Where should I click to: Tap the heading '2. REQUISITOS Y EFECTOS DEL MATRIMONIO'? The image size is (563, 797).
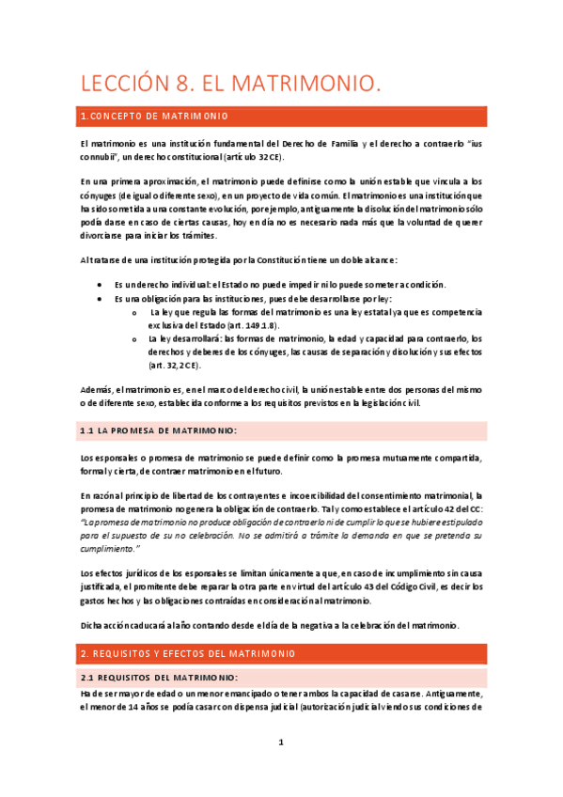[x=189, y=652]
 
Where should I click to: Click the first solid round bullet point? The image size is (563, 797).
[x=101, y=284]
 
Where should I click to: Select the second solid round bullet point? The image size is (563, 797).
[x=101, y=298]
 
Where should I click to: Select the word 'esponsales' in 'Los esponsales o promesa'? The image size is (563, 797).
[x=118, y=458]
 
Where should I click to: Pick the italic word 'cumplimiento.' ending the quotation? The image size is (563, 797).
[x=110, y=547]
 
